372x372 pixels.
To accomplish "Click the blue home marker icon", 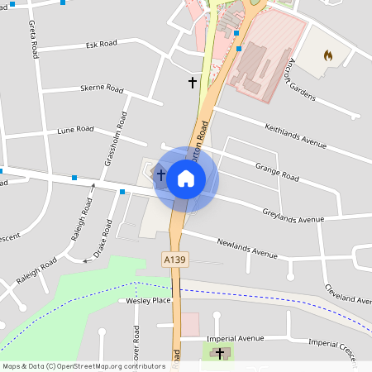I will (186, 178).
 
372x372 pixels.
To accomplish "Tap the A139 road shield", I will (173, 260).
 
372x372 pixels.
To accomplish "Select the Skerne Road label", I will (102, 89).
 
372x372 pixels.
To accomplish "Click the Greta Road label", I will (34, 41).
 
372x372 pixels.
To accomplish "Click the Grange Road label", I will (276, 171).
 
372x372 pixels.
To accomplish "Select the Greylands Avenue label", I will (287, 219).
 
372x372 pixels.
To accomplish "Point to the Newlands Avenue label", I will (247, 248).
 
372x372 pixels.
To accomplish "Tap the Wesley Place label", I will (149, 301).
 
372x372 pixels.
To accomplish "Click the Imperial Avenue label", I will (234, 339).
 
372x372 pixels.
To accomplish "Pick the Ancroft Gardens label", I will (300, 82).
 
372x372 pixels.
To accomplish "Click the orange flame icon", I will (328, 55).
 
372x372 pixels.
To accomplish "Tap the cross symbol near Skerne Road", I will (193, 83).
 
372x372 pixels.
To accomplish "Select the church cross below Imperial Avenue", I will (220, 354).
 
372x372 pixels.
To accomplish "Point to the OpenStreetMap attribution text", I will (84, 366).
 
